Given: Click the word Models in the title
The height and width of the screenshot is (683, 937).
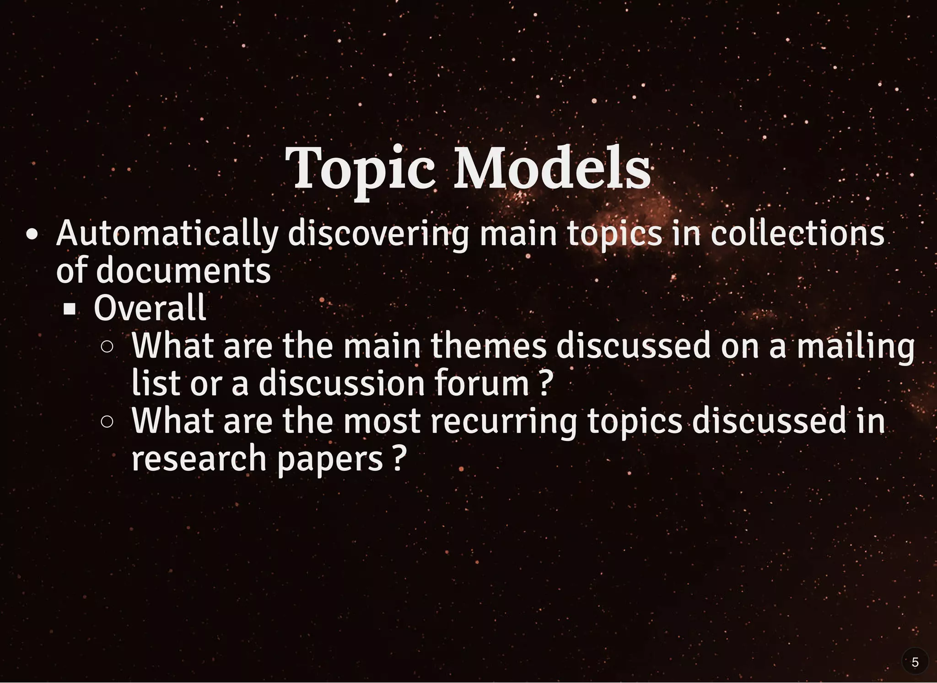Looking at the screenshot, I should click(551, 168).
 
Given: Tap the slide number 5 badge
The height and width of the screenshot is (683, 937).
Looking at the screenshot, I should click(915, 662).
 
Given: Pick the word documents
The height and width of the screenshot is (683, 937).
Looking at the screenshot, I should click(183, 270).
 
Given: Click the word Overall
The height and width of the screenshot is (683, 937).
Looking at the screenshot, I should click(150, 308).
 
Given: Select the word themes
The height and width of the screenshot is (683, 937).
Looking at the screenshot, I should click(488, 346).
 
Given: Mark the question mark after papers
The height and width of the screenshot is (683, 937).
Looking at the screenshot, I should click(399, 458).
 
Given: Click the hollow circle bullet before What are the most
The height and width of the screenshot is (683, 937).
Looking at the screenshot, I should click(107, 422).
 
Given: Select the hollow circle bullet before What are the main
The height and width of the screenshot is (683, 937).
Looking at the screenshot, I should click(107, 347).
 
